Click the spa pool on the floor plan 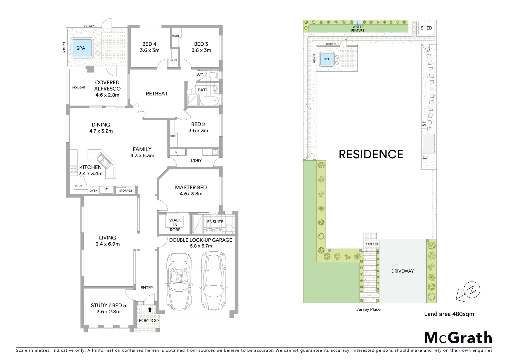click(81, 48)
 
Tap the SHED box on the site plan click(426, 28)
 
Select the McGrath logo click(458, 338)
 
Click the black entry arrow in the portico click(150, 310)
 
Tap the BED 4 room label click(149, 47)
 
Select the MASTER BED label click(191, 190)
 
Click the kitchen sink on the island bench click(102, 161)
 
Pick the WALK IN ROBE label click(175, 225)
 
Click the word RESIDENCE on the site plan click(371, 154)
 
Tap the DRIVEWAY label click(402, 271)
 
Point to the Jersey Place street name click(368, 309)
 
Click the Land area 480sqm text click(449, 314)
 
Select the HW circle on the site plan click(425, 158)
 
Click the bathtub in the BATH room click(209, 101)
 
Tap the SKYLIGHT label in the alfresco click(79, 87)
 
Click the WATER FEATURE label click(358, 29)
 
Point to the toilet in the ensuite click(229, 227)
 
